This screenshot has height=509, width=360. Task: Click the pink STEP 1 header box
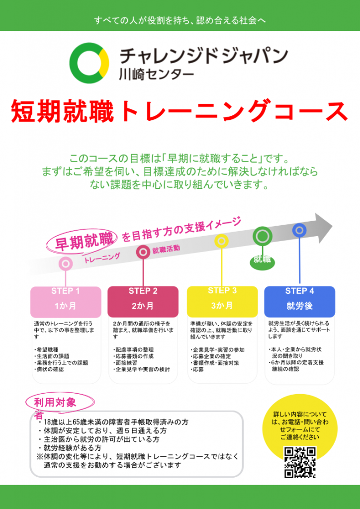click(66, 302)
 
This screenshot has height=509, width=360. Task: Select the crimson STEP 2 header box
click(143, 302)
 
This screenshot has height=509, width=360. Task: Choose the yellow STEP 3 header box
click(222, 302)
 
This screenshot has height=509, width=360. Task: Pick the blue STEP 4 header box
click(300, 302)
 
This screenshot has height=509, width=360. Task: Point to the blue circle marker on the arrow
click(299, 230)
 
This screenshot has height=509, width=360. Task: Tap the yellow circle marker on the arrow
click(221, 241)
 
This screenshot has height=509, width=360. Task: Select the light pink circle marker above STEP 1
click(66, 263)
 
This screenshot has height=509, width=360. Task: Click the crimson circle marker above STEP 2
click(143, 252)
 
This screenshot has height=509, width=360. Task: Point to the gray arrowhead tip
click(333, 225)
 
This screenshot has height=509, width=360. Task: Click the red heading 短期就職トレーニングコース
click(179, 111)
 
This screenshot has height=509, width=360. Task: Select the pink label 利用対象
click(55, 403)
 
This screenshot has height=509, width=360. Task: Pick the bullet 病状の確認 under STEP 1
click(49, 369)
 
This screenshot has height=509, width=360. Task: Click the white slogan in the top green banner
click(180, 20)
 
